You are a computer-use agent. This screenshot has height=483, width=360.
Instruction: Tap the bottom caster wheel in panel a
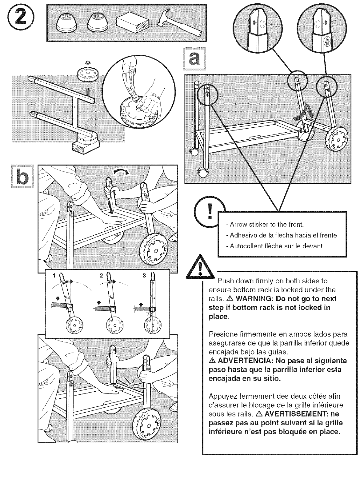[203, 174]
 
